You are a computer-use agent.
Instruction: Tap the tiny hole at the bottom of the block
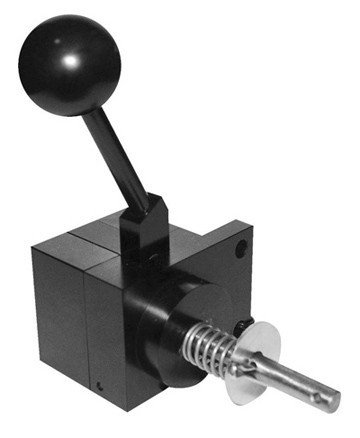click(x=100, y=387)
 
